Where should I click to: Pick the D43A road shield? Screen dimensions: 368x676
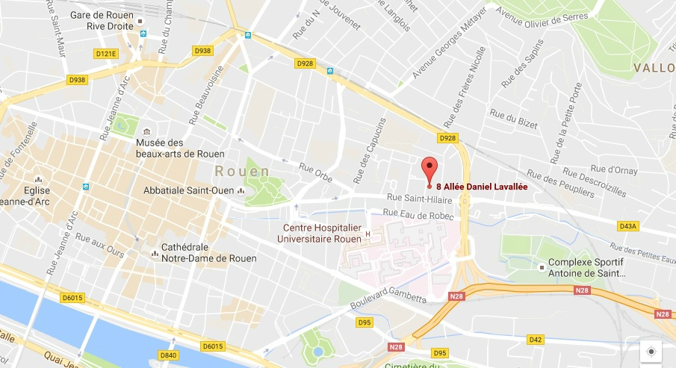point(627,226)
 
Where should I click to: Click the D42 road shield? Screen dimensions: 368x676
point(535,340)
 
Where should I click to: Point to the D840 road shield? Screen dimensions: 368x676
point(169,355)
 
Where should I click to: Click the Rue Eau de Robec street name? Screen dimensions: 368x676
point(417,213)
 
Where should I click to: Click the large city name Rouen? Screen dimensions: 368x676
point(240,172)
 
